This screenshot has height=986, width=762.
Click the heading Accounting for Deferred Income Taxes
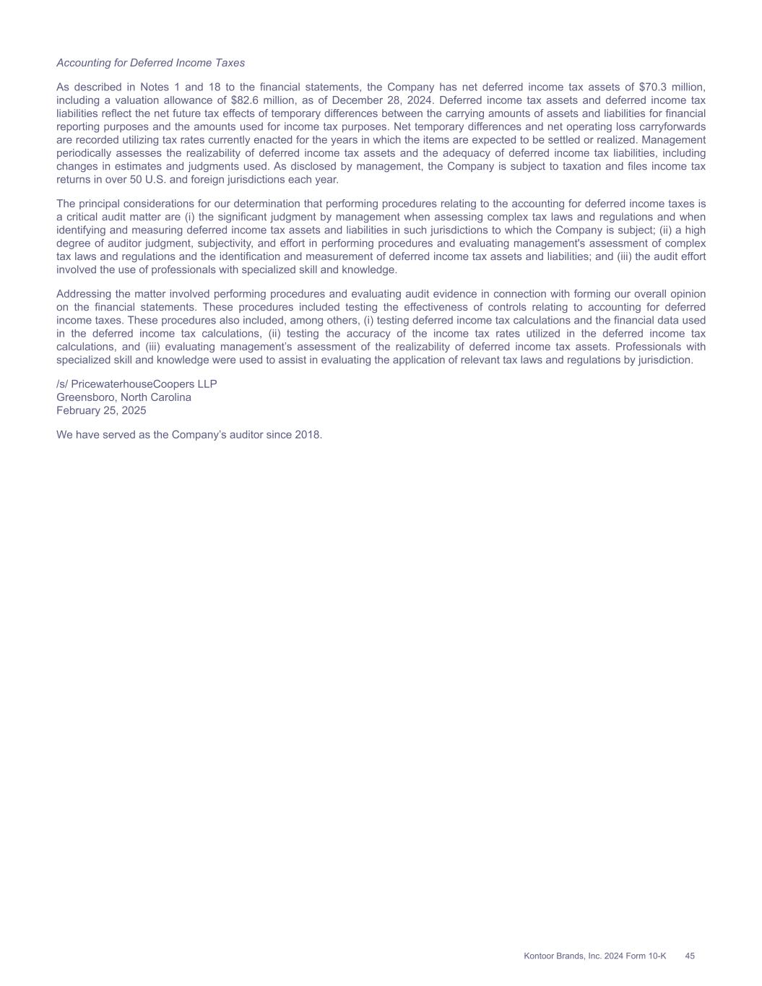click(150, 63)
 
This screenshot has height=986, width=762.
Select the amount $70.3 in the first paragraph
click(654, 87)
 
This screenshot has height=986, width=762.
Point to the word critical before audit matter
click(85, 217)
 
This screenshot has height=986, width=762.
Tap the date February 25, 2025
click(101, 410)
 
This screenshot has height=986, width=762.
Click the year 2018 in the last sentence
click(308, 435)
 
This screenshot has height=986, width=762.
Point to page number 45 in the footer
click(690, 956)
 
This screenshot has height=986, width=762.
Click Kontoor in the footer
click(539, 956)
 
